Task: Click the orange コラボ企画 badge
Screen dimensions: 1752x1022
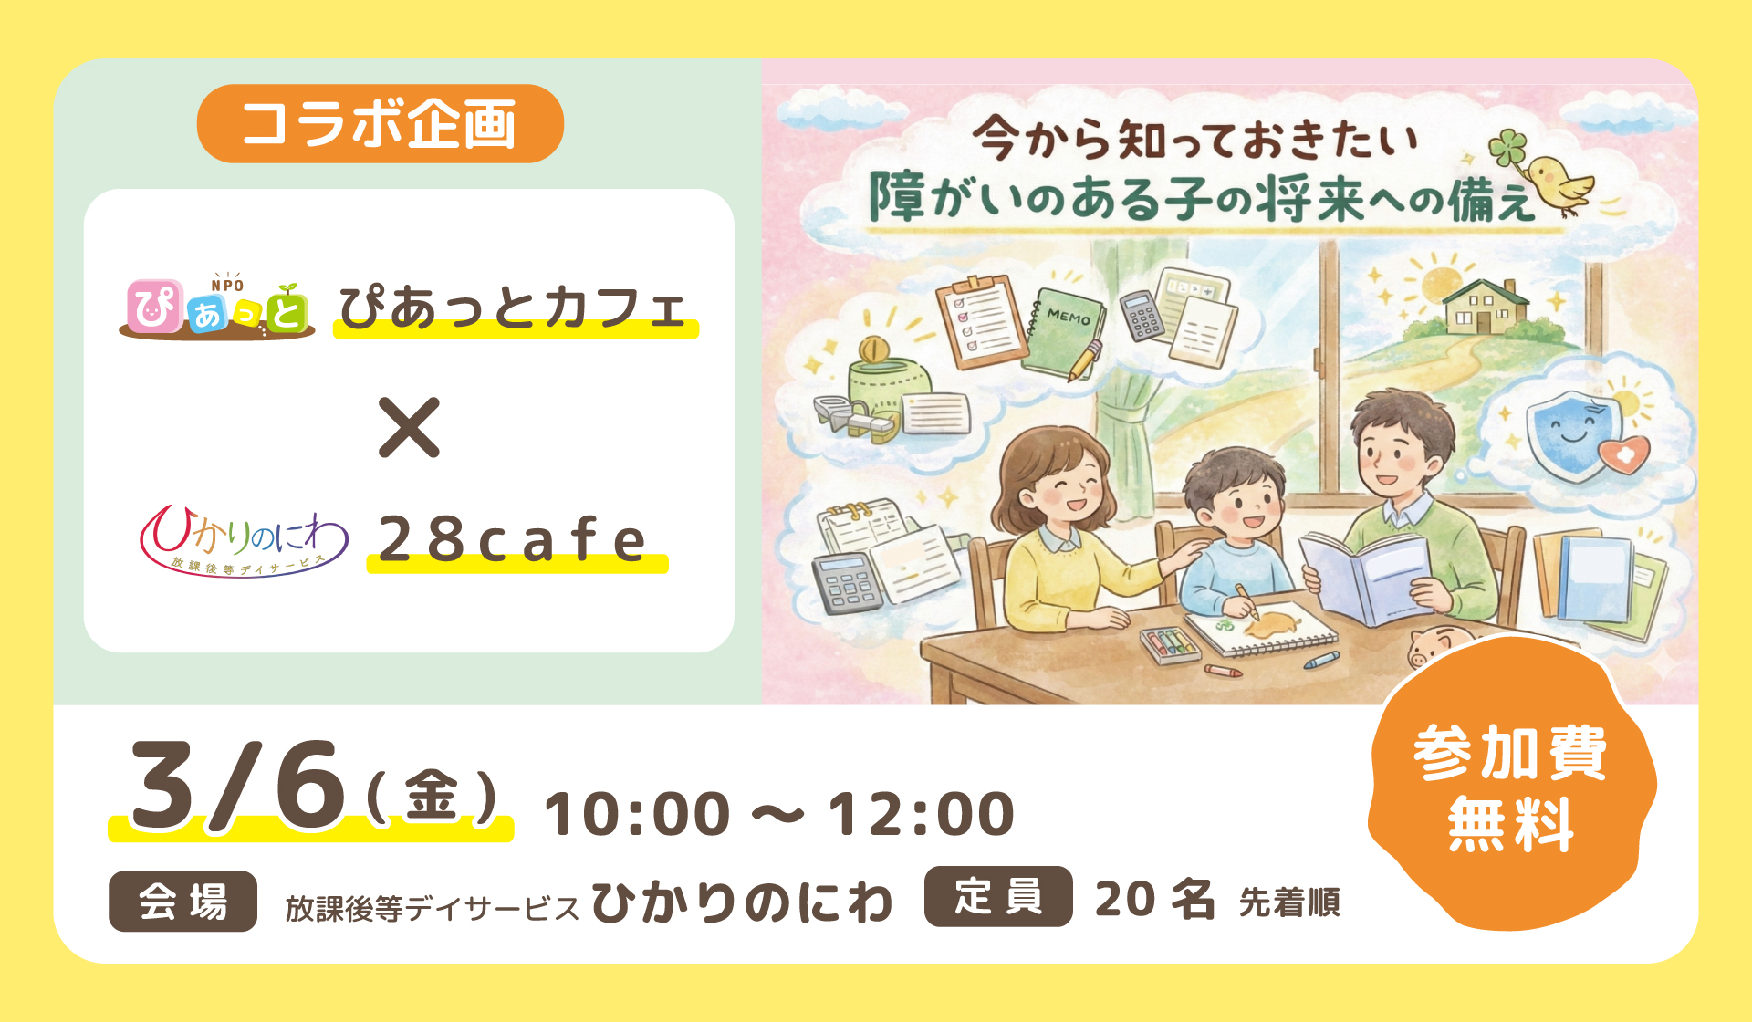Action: point(380,124)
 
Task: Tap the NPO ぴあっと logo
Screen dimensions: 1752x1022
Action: point(217,307)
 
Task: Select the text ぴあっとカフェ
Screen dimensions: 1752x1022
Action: point(513,308)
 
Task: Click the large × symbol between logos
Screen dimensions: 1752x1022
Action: point(409,427)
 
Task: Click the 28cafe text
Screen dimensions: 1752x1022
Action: point(513,539)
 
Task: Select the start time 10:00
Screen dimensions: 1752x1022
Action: point(637,814)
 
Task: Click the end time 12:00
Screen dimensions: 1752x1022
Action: point(921,814)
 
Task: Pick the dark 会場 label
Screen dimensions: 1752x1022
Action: point(182,902)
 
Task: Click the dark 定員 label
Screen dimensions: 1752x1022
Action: point(998,896)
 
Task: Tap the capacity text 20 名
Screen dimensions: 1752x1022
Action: point(1154,900)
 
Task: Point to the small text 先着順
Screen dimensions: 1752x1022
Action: point(1289,902)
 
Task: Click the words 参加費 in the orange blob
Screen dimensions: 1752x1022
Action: point(1510,753)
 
